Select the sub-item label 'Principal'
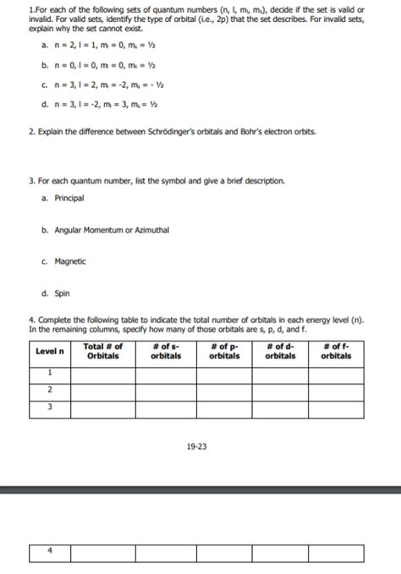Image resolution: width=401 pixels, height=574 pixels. (69, 198)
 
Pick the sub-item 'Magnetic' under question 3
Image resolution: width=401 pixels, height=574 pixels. (70, 261)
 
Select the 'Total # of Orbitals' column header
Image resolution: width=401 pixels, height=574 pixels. (102, 352)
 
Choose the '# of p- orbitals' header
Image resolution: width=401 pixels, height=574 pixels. (223, 352)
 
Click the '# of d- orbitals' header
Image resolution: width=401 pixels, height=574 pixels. (280, 352)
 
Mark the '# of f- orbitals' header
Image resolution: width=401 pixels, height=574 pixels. (336, 352)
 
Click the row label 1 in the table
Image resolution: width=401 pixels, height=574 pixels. (50, 373)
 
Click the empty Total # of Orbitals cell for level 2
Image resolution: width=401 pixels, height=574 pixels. (102, 389)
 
